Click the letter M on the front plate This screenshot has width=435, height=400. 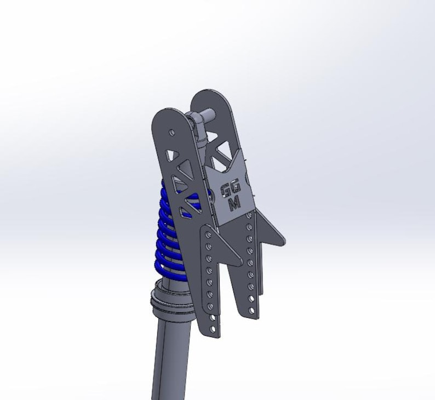click(x=234, y=204)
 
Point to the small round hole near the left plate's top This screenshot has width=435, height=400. click(x=172, y=132)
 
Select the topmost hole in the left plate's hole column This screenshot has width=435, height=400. click(x=208, y=235)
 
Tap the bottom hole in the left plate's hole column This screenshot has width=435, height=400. click(x=211, y=327)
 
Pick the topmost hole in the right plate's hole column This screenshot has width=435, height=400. click(x=250, y=215)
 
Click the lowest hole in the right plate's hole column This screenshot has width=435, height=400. click(x=252, y=311)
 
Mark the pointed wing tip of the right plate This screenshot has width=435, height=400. click(x=282, y=239)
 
